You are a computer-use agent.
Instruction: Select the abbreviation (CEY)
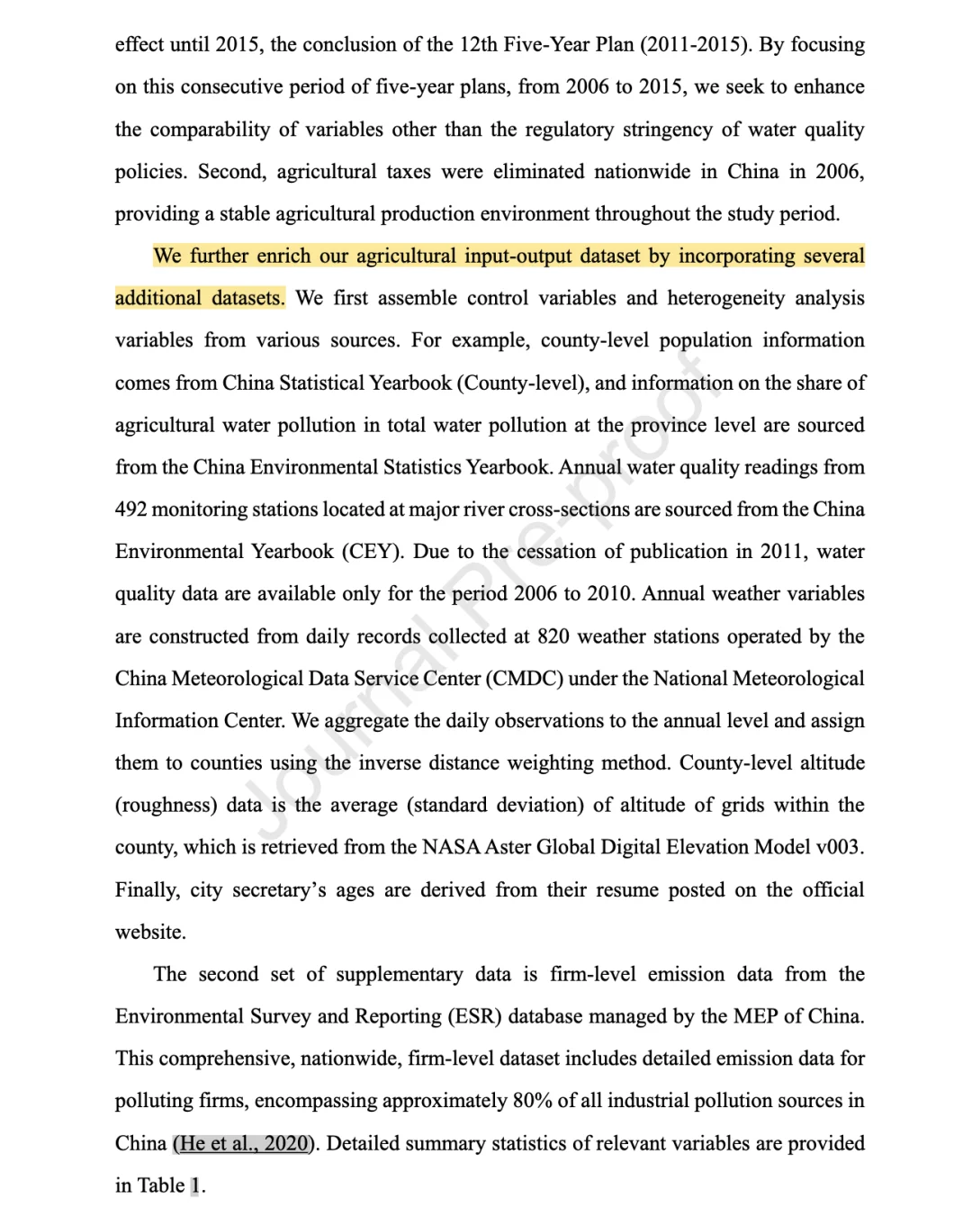(x=373, y=552)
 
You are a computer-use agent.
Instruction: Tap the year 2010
(x=611, y=594)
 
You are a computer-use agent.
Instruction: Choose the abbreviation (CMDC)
(x=524, y=679)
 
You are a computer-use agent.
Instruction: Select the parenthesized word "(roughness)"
(x=166, y=806)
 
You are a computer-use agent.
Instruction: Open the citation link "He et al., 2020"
(x=242, y=1144)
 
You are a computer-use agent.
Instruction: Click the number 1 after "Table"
(x=195, y=1186)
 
